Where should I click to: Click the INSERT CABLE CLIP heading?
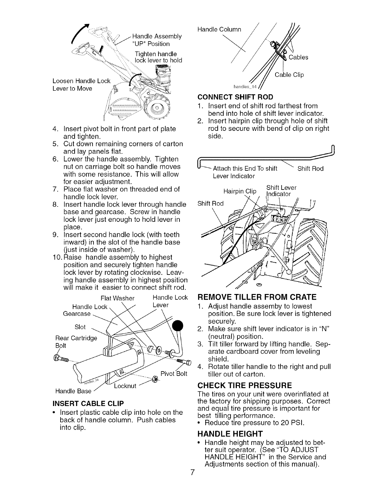pos(88,403)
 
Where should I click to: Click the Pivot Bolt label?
pos(173,373)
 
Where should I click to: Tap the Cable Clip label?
pos(289,75)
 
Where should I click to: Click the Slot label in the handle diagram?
pos(80,327)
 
